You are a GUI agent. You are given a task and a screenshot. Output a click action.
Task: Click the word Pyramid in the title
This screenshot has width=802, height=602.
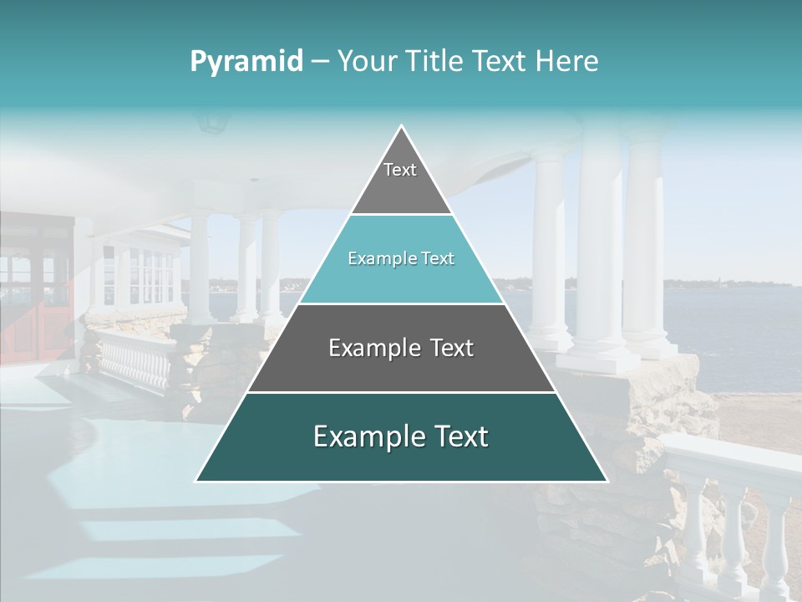point(246,62)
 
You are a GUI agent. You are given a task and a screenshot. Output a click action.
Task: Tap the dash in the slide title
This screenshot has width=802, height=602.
point(320,62)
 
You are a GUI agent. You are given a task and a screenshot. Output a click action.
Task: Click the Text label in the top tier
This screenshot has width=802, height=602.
point(400,171)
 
